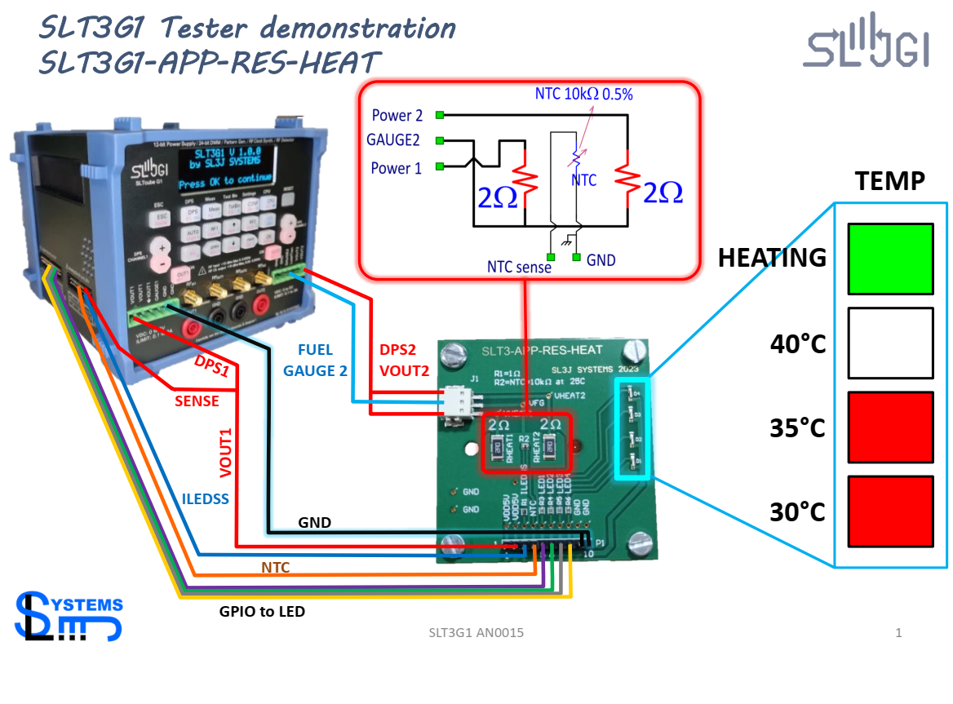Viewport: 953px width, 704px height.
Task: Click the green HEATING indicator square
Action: point(890,259)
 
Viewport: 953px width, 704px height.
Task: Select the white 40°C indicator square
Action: point(890,343)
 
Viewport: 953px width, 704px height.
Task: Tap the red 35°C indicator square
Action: point(890,427)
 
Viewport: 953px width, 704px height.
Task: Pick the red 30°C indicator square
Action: point(890,511)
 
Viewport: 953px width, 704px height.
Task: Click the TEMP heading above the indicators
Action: point(889,180)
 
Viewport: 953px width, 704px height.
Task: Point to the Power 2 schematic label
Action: point(397,115)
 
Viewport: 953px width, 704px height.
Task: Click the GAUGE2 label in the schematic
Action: point(393,140)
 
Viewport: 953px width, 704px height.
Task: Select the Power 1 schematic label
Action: point(397,168)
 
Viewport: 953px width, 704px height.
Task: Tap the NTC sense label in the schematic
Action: point(520,267)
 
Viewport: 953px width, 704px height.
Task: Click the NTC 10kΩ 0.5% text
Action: point(584,94)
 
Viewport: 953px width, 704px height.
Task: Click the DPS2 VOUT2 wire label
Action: point(404,360)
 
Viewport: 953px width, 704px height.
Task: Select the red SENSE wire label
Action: point(197,401)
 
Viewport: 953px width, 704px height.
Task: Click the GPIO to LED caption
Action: point(262,611)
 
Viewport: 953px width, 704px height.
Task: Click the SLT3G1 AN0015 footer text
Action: point(476,633)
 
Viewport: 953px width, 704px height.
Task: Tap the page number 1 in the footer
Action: point(898,632)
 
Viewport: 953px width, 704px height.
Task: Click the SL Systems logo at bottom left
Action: point(69,617)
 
